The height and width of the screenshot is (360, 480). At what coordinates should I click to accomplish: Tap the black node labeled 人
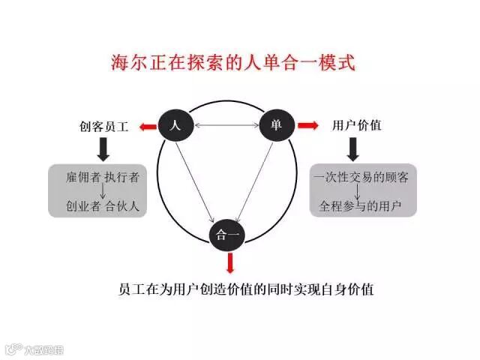(176, 125)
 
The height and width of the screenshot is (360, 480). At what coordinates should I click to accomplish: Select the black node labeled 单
(275, 125)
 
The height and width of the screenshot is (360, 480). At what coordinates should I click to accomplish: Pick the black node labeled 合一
(226, 234)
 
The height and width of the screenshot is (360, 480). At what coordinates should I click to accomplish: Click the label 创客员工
(104, 127)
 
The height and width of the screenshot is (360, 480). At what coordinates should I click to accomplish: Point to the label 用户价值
(356, 125)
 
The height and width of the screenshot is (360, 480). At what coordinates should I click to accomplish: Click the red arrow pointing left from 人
(147, 126)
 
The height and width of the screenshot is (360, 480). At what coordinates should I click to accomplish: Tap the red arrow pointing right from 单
(307, 125)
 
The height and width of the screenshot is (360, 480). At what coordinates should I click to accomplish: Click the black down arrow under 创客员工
(104, 148)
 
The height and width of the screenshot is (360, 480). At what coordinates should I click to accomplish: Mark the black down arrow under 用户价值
(355, 148)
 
